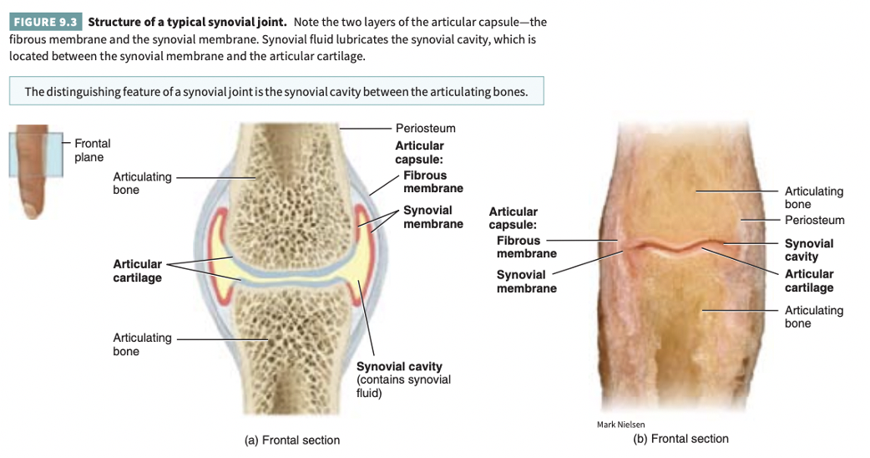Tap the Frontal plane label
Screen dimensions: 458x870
pyautogui.click(x=92, y=150)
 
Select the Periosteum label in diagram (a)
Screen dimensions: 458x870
pyautogui.click(x=425, y=128)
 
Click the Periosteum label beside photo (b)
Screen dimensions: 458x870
pyautogui.click(x=814, y=220)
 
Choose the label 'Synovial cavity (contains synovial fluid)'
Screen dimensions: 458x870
pyautogui.click(x=403, y=379)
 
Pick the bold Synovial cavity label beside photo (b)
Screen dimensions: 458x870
pyautogui.click(x=808, y=250)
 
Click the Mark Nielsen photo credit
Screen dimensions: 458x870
pyautogui.click(x=620, y=425)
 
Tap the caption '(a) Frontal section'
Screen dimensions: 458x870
pyautogui.click(x=291, y=440)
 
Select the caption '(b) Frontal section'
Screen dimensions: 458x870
pyautogui.click(x=680, y=439)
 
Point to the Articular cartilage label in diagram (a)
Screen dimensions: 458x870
pyautogui.click(x=138, y=271)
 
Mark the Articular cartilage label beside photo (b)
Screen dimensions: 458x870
pyautogui.click(x=808, y=281)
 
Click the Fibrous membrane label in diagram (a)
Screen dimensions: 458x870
pyautogui.click(x=432, y=181)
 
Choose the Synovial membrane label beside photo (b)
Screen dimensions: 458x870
pyautogui.click(x=526, y=281)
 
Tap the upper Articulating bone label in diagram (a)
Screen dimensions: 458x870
pyautogui.click(x=142, y=183)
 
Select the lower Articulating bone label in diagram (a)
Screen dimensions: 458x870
pyautogui.click(x=142, y=344)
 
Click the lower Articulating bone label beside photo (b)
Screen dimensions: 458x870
pyautogui.click(x=813, y=317)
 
